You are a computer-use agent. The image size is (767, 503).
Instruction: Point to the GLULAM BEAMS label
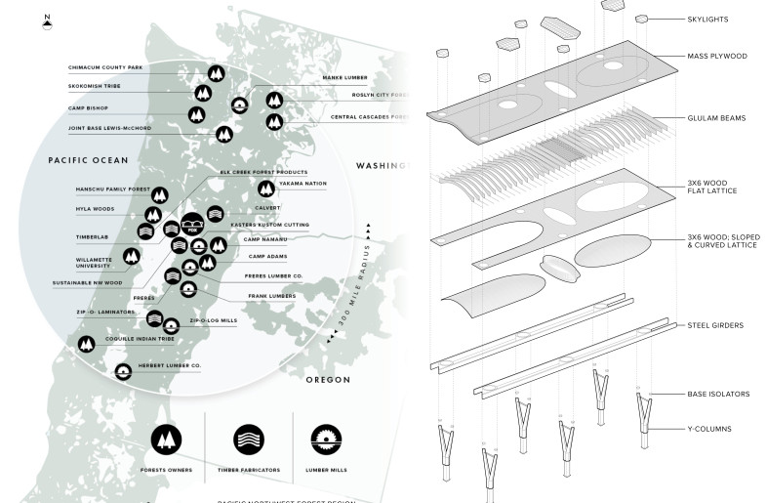point(717,118)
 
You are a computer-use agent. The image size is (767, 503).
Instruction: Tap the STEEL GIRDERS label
point(716,325)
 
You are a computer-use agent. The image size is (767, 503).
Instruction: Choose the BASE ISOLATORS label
point(716,394)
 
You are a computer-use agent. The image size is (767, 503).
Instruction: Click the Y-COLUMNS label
point(710,428)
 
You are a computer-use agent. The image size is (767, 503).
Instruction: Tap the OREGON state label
point(328,379)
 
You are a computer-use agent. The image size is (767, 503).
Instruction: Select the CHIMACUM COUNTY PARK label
point(104,67)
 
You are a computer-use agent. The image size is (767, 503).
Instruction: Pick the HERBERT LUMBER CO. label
point(172,365)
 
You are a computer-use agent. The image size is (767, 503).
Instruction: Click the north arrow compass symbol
point(47,21)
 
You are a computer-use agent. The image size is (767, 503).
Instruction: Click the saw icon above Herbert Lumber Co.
point(124,371)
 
